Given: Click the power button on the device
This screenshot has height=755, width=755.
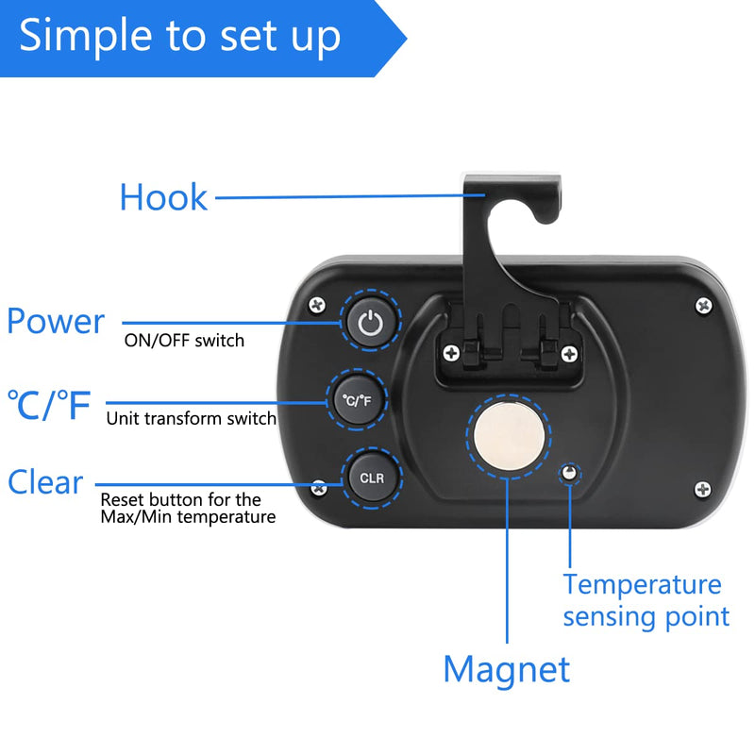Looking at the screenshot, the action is (370, 321).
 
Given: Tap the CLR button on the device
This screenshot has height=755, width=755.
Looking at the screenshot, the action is (371, 478).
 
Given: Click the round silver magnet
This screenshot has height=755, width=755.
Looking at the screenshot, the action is (509, 436).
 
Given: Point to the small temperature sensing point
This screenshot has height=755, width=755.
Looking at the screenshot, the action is (570, 473).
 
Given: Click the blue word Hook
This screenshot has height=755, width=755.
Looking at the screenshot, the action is (163, 197).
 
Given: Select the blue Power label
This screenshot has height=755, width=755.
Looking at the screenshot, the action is (56, 321).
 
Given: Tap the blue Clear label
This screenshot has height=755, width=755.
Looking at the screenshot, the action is (45, 482).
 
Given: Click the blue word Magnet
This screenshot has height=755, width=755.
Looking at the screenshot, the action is (507, 670).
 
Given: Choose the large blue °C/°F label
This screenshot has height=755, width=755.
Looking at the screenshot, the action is (49, 405).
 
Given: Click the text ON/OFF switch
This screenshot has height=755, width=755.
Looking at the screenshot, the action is (184, 341).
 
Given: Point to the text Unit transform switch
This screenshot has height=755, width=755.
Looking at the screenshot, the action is (192, 418).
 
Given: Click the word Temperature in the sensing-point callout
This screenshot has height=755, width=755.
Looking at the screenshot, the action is (642, 585).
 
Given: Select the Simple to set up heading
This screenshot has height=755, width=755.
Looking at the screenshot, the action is (180, 36).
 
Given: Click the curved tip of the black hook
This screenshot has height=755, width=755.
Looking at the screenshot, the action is (547, 217).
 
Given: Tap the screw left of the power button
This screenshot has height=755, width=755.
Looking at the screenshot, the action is (317, 305).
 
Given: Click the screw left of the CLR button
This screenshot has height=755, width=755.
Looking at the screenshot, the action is (318, 488).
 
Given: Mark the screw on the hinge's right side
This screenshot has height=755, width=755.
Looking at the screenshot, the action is (570, 354).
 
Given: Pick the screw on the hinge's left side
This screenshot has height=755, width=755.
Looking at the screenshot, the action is (451, 353).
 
